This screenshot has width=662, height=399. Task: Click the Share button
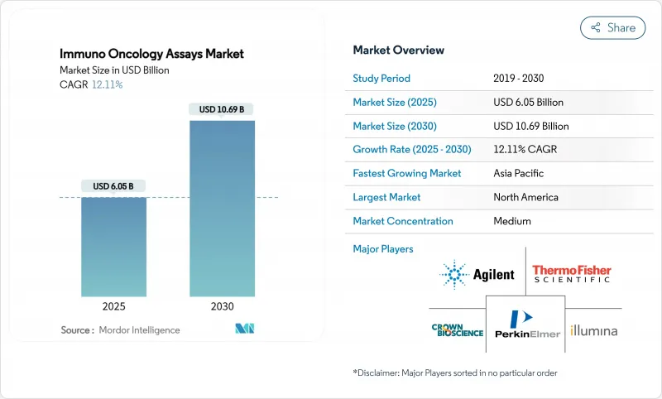click(612, 27)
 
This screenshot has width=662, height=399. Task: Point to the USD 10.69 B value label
click(222, 109)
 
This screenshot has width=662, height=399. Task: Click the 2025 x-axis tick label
click(114, 306)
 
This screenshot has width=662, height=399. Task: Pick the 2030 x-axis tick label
click(222, 306)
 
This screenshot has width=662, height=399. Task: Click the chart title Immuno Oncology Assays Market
click(152, 55)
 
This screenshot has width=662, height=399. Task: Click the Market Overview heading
click(399, 50)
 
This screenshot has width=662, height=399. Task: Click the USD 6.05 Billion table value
click(528, 103)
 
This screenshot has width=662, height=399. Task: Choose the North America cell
click(525, 197)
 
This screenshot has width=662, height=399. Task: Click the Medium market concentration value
click(511, 221)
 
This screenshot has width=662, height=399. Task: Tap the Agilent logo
click(477, 274)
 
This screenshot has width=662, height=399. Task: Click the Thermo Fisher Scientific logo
click(572, 274)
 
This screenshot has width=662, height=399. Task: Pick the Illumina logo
click(593, 331)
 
